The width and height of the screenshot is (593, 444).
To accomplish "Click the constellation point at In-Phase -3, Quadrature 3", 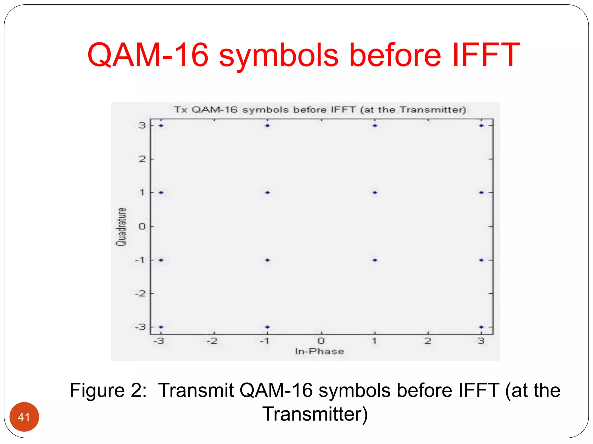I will coord(161,125).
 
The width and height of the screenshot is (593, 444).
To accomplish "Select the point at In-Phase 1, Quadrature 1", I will coord(375,193).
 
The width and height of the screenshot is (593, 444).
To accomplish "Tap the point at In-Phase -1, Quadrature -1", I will coord(268,260).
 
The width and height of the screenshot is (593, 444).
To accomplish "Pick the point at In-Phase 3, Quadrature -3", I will coord(481,327).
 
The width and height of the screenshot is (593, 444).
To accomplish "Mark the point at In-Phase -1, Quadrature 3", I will coord(268,125).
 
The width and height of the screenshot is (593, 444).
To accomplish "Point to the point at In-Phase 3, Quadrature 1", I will coord(481,193).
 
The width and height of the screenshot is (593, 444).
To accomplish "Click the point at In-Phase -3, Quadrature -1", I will coord(161,260).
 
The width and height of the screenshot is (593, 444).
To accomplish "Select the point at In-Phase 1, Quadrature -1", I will coord(375,260).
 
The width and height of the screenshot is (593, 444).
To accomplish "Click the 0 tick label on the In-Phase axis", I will coord(321,341).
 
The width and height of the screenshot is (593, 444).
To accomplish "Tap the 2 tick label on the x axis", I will coord(428,341).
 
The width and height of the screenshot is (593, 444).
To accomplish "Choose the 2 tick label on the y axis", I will coord(142,159).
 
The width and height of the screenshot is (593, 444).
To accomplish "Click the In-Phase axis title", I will coord(319,351).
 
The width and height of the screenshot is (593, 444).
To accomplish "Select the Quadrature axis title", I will coord(121,227).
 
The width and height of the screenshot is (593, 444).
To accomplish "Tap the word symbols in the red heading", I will coord(279,55).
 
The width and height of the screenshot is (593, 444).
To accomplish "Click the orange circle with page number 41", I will coord(24,417).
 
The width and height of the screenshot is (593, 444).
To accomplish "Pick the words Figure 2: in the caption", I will coord(108,390).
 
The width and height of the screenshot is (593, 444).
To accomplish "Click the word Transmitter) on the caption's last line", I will coord(315,414).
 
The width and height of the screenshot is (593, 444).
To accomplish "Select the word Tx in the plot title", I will coord(180,110).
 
